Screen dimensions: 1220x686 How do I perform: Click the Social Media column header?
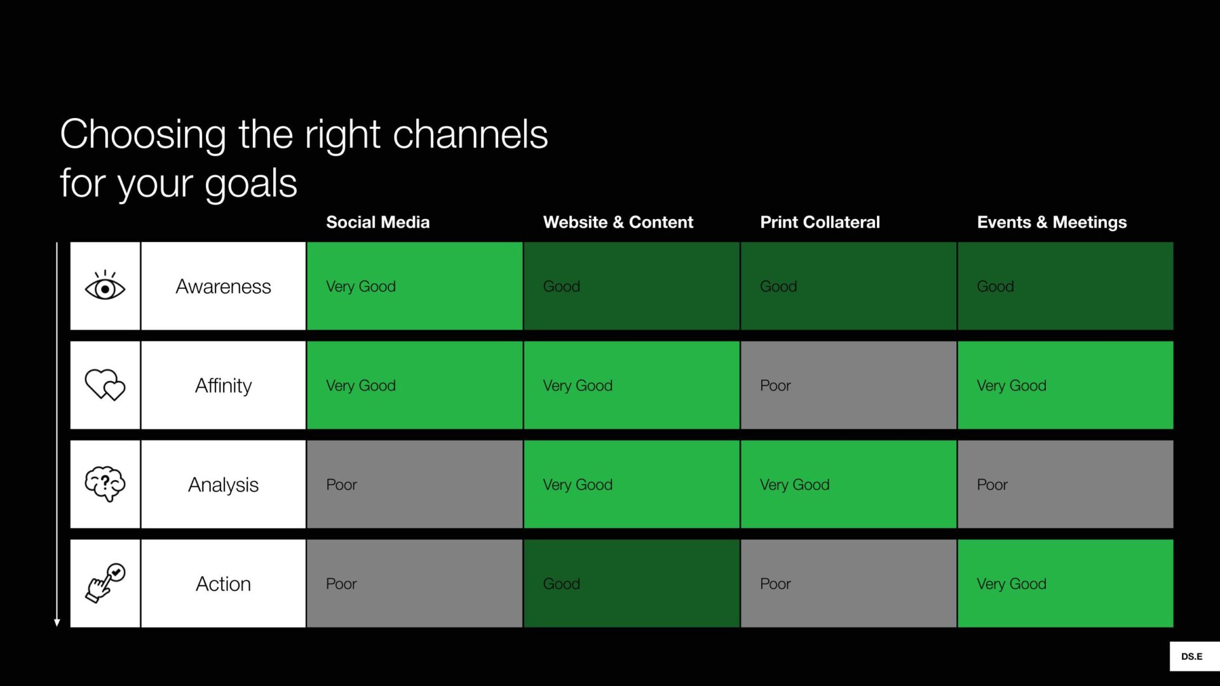(377, 222)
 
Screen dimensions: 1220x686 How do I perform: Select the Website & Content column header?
(618, 222)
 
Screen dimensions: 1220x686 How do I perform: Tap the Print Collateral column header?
(820, 222)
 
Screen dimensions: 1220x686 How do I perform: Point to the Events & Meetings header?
(1052, 222)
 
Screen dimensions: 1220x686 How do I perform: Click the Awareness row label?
(223, 286)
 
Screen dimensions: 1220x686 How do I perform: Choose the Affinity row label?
(223, 386)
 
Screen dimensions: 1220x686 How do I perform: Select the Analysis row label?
(223, 485)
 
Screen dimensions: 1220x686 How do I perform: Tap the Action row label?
(223, 584)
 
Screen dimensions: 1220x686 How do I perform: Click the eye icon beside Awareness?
(105, 286)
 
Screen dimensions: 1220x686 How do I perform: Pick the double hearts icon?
(105, 385)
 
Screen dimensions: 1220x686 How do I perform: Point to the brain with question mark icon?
(105, 484)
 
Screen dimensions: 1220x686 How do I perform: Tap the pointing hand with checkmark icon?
(105, 583)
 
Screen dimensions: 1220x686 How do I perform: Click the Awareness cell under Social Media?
(415, 286)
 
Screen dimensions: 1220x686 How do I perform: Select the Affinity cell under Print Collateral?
(848, 385)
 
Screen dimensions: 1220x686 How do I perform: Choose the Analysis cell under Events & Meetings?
(1066, 484)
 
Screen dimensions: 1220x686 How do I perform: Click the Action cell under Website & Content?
(632, 583)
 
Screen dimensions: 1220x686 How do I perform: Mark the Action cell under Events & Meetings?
(1066, 583)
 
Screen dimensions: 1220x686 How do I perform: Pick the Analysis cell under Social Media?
(415, 484)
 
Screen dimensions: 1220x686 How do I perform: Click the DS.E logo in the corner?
(1192, 657)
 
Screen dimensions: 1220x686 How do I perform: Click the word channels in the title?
(470, 135)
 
